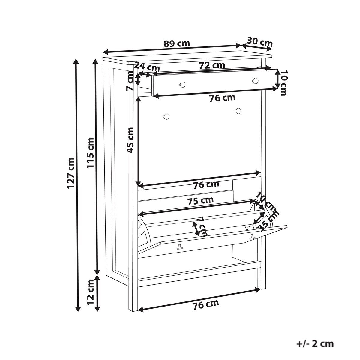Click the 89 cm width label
177,44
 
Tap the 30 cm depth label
260,42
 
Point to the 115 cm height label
91,153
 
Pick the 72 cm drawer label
212,65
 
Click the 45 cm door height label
130,140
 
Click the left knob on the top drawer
182,84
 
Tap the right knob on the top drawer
255,80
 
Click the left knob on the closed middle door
166,117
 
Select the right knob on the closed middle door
238,111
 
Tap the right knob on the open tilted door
252,237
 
